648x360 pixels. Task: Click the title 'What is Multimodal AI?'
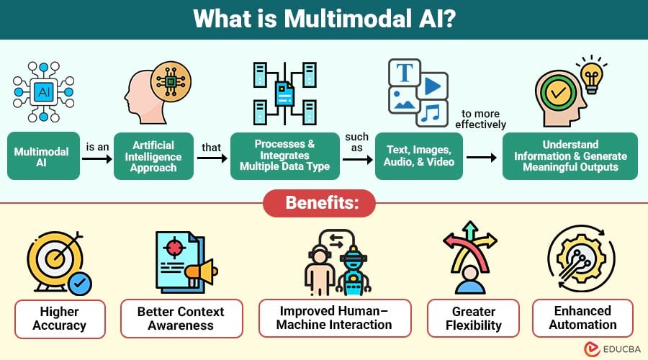(323, 19)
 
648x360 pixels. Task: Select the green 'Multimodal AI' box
(42, 156)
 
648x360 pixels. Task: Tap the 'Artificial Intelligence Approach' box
(154, 156)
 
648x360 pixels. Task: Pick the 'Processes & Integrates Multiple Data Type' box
(285, 156)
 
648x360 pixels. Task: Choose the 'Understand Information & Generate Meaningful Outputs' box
(570, 156)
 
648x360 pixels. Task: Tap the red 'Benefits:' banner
(324, 203)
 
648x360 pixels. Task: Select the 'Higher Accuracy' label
(60, 318)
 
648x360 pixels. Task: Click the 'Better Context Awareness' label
(181, 318)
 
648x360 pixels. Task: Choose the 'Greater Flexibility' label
(474, 318)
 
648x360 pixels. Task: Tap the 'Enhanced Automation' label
(582, 318)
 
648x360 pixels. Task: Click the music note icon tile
(431, 112)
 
